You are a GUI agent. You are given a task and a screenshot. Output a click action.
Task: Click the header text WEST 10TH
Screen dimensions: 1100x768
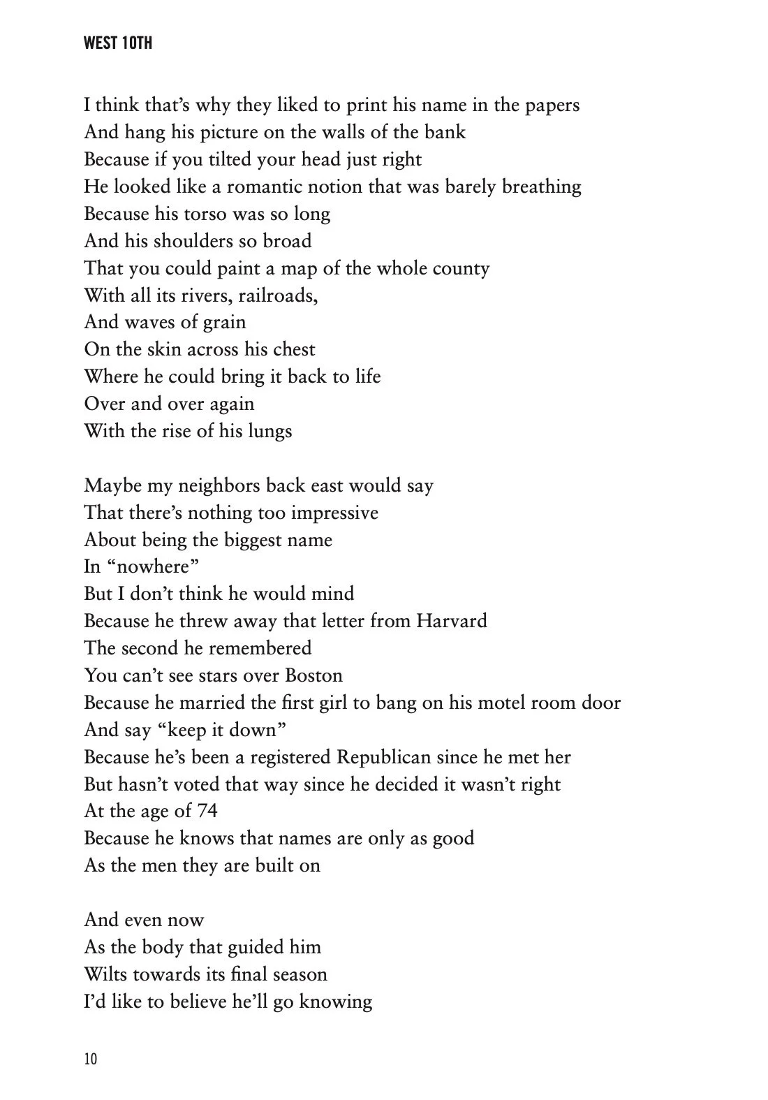117,43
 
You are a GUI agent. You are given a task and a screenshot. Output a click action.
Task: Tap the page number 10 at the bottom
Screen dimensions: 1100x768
91,1059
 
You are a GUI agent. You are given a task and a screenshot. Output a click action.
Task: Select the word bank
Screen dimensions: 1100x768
444,132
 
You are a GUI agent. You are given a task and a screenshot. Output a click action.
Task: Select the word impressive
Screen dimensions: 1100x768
334,513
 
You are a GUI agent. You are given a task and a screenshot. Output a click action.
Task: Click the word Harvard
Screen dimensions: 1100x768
451,621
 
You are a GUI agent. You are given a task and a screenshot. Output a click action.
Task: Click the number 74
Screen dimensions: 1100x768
207,811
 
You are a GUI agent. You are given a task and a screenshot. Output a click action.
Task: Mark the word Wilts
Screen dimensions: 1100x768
105,974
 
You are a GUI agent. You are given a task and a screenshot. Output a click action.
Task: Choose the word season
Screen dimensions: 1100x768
293,974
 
